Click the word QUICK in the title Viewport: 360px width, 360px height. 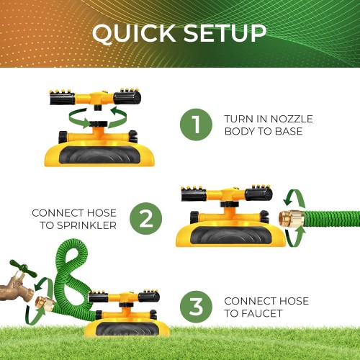click(x=134, y=33)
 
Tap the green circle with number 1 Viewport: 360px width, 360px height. click(x=196, y=125)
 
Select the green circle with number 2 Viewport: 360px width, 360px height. click(x=146, y=218)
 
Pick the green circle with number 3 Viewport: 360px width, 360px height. click(x=196, y=307)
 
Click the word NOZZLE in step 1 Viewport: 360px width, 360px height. click(x=292, y=119)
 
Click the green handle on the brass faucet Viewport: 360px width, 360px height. click(x=23, y=269)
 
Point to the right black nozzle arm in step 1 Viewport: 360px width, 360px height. click(x=127, y=96)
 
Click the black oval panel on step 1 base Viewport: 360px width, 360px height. click(x=99, y=155)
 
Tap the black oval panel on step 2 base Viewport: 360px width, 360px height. click(x=231, y=235)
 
